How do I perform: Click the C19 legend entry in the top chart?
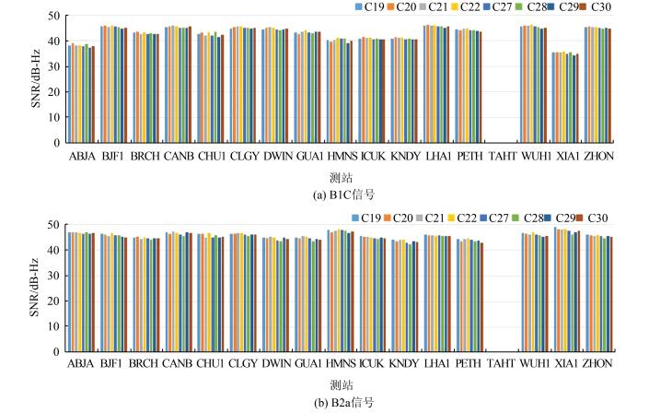coord(369,7)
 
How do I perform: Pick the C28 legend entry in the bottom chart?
coord(535,218)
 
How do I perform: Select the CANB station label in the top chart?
coord(179,157)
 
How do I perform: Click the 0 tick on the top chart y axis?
coord(57,144)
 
